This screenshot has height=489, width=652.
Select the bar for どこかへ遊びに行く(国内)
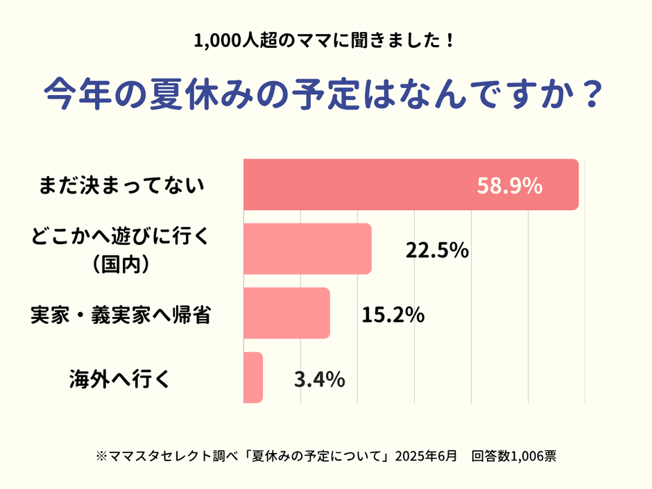pos(307,249)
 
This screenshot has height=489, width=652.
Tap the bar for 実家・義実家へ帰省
pos(286,314)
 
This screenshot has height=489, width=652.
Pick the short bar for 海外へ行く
pos(253,377)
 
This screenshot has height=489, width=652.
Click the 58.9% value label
pos(510,186)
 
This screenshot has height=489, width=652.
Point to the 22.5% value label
pos(437,250)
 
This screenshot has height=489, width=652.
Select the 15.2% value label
pos(393,315)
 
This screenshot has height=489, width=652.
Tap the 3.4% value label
pos(320,379)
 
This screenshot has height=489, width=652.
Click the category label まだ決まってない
pos(122,185)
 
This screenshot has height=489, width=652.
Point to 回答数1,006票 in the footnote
pos(513,456)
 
